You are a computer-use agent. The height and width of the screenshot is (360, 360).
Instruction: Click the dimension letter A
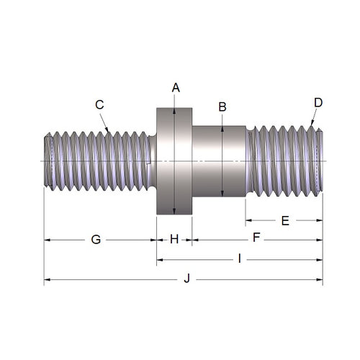point(176,87)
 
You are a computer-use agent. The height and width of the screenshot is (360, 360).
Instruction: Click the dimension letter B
point(222,107)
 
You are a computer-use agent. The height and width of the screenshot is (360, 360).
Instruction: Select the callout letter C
point(100,104)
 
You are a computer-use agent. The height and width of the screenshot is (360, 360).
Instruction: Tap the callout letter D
point(318,102)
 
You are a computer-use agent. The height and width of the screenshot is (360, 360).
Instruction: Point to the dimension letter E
point(284,220)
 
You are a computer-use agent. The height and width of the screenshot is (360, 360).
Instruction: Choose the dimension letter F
point(256,238)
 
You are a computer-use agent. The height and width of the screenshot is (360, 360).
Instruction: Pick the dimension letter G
point(96,239)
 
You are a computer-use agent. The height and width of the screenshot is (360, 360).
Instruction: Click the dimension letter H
point(174,239)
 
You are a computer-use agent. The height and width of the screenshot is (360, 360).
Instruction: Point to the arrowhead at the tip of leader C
point(109,130)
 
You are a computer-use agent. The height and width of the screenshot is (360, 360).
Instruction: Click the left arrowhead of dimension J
point(48,279)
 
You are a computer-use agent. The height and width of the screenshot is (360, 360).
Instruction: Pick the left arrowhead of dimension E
point(249,220)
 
